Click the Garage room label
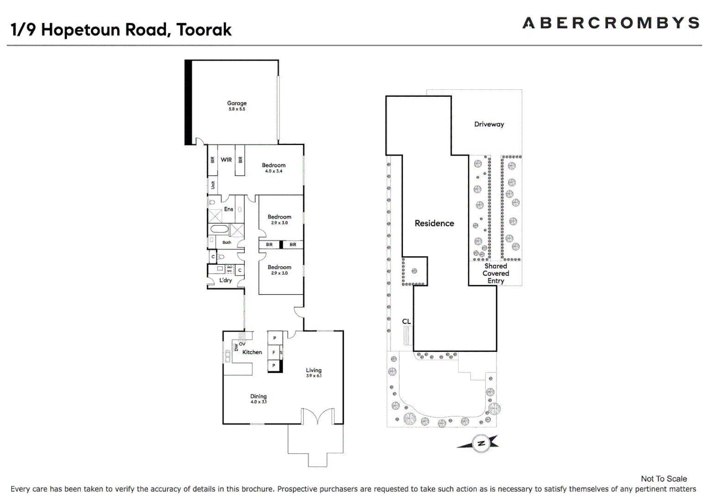pyautogui.click(x=236, y=103)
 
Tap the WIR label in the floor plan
pyautogui.click(x=226, y=160)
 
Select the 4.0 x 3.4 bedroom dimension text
pyautogui.click(x=273, y=171)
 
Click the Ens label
pyautogui.click(x=229, y=209)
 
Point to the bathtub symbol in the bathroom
pyautogui.click(x=219, y=229)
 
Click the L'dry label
pyautogui.click(x=225, y=281)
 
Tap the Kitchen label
pyautogui.click(x=252, y=352)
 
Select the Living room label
pyautogui.click(x=313, y=370)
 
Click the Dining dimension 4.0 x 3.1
pyautogui.click(x=258, y=402)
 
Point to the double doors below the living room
pyautogui.click(x=317, y=416)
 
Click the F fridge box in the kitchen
pyautogui.click(x=274, y=352)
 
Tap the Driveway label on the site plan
pyautogui.click(x=489, y=124)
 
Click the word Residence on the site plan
pyautogui.click(x=434, y=223)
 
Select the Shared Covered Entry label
pyautogui.click(x=496, y=273)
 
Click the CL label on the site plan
pyautogui.click(x=406, y=321)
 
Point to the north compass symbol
pyautogui.click(x=481, y=444)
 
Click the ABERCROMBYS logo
pyautogui.click(x=610, y=23)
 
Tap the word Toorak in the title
pyautogui.click(x=204, y=30)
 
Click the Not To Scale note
pyautogui.click(x=664, y=479)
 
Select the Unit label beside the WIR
pyautogui.click(x=213, y=185)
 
